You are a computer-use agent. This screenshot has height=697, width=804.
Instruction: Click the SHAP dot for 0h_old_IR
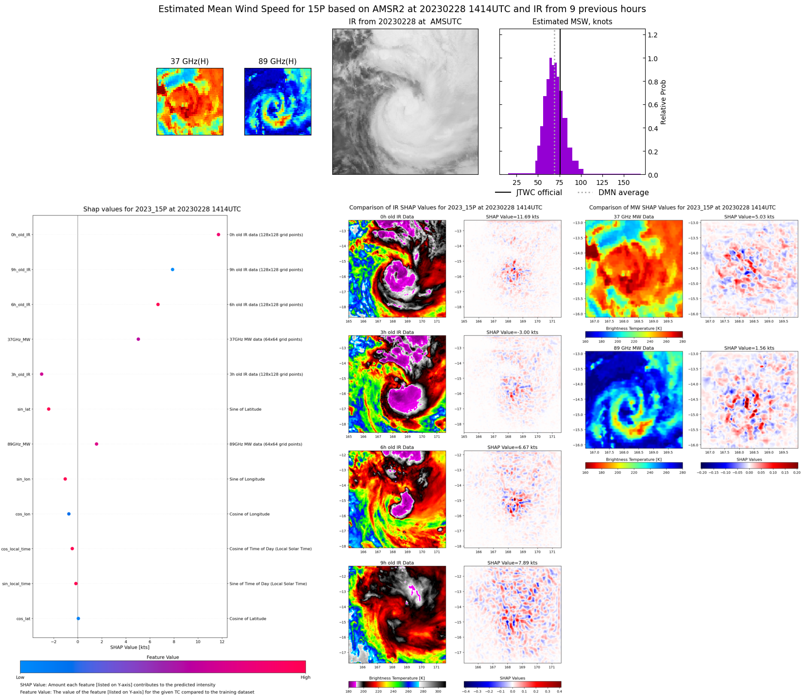pos(218,234)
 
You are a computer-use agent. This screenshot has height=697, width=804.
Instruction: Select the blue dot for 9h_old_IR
pos(172,269)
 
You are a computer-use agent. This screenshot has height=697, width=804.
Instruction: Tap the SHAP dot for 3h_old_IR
pos(42,374)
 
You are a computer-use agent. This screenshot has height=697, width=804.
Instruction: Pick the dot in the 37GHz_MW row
pos(138,339)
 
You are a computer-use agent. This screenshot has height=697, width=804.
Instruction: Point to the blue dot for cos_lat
pos(78,618)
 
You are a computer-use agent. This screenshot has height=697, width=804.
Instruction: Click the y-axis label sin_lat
pos(24,409)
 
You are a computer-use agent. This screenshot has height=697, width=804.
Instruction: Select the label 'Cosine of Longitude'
pos(249,514)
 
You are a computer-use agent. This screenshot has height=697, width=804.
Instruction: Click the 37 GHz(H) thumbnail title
pos(189,61)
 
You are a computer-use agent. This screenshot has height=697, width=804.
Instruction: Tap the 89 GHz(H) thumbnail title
pos(277,61)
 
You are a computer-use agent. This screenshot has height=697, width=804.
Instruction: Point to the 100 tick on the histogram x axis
pos(581,183)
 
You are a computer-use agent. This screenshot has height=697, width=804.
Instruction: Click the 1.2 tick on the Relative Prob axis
pos(652,35)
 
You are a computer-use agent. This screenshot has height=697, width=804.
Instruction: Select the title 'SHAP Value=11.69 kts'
pos(513,217)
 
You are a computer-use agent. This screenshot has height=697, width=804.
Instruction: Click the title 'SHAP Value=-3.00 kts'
pos(513,332)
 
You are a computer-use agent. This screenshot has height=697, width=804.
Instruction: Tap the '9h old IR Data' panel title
pos(397,563)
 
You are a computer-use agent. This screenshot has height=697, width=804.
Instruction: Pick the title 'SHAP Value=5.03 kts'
pos(749,217)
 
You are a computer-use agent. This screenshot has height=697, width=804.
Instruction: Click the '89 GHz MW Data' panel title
pos(633,348)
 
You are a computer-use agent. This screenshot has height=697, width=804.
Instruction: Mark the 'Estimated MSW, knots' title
pos(572,22)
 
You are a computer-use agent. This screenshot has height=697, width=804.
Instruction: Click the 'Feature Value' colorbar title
pos(163,657)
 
